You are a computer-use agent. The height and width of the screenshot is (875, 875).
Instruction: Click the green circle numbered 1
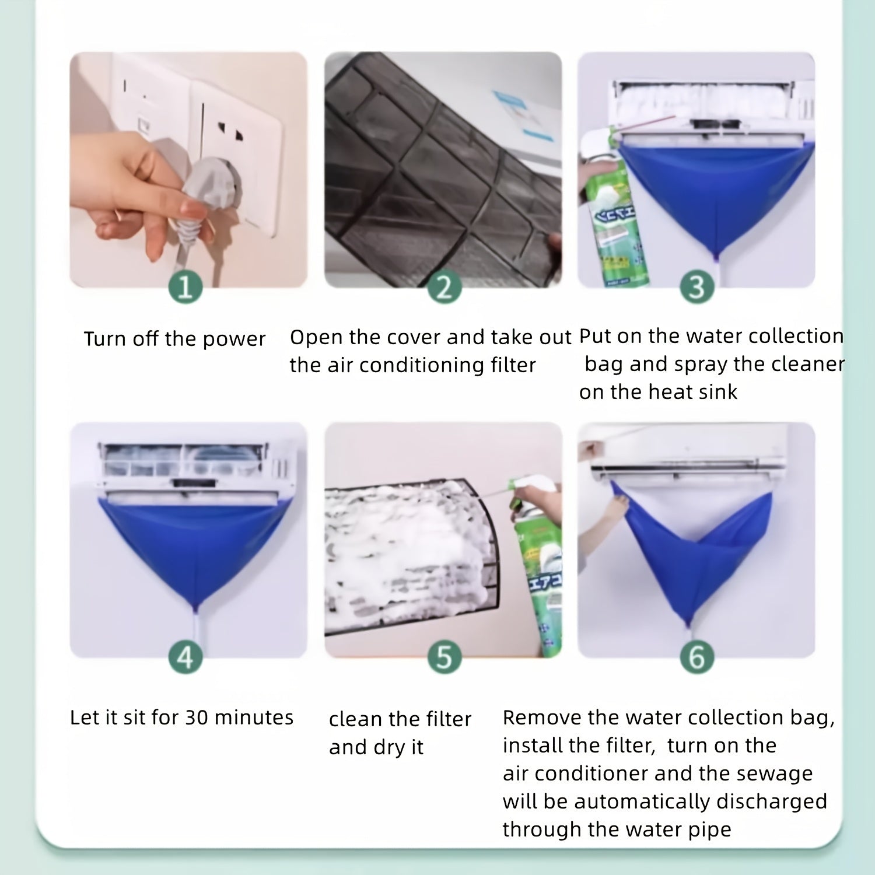pyautogui.click(x=185, y=288)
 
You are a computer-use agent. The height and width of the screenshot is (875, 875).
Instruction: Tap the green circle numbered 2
pyautogui.click(x=444, y=288)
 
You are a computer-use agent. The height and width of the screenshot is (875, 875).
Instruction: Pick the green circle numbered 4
pyautogui.click(x=185, y=657)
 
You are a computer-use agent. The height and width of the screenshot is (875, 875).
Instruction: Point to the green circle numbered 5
pyautogui.click(x=444, y=657)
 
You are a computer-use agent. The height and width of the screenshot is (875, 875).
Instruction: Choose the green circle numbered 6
pyautogui.click(x=696, y=657)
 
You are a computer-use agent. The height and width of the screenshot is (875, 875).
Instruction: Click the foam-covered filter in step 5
pyautogui.click(x=408, y=548)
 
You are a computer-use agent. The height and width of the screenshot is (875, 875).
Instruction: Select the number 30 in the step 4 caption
pyautogui.click(x=197, y=717)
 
